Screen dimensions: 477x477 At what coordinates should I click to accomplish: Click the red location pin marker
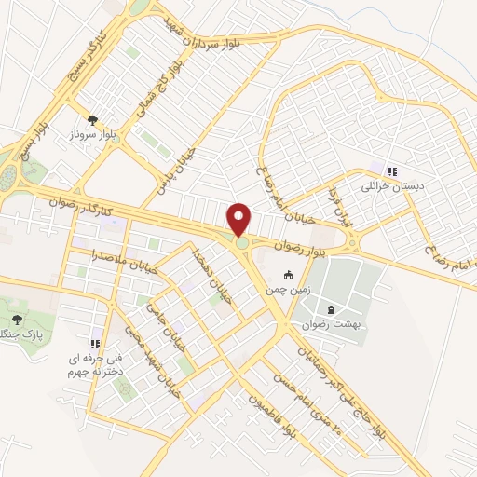[x=240, y=220]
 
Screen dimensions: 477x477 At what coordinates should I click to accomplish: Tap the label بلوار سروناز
[x=93, y=137]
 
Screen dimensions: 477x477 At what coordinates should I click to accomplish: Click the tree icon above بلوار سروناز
[x=92, y=120]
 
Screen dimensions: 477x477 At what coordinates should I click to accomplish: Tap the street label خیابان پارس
[x=180, y=164]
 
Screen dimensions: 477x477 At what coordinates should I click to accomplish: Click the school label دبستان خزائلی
[x=392, y=186]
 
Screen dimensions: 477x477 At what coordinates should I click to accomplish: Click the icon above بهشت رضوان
[x=331, y=309]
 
